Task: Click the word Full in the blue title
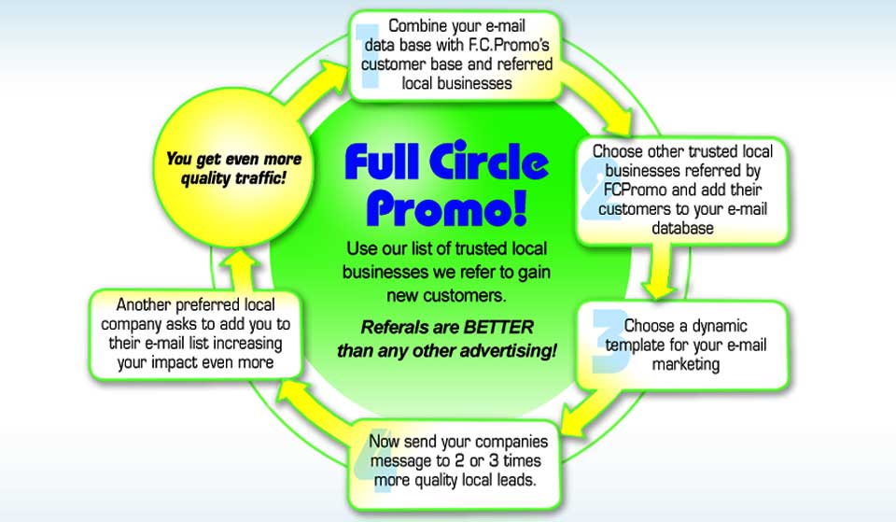click(x=385, y=163)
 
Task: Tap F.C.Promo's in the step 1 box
click(x=511, y=45)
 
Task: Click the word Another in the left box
click(x=145, y=304)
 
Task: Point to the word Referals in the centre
click(x=395, y=328)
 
